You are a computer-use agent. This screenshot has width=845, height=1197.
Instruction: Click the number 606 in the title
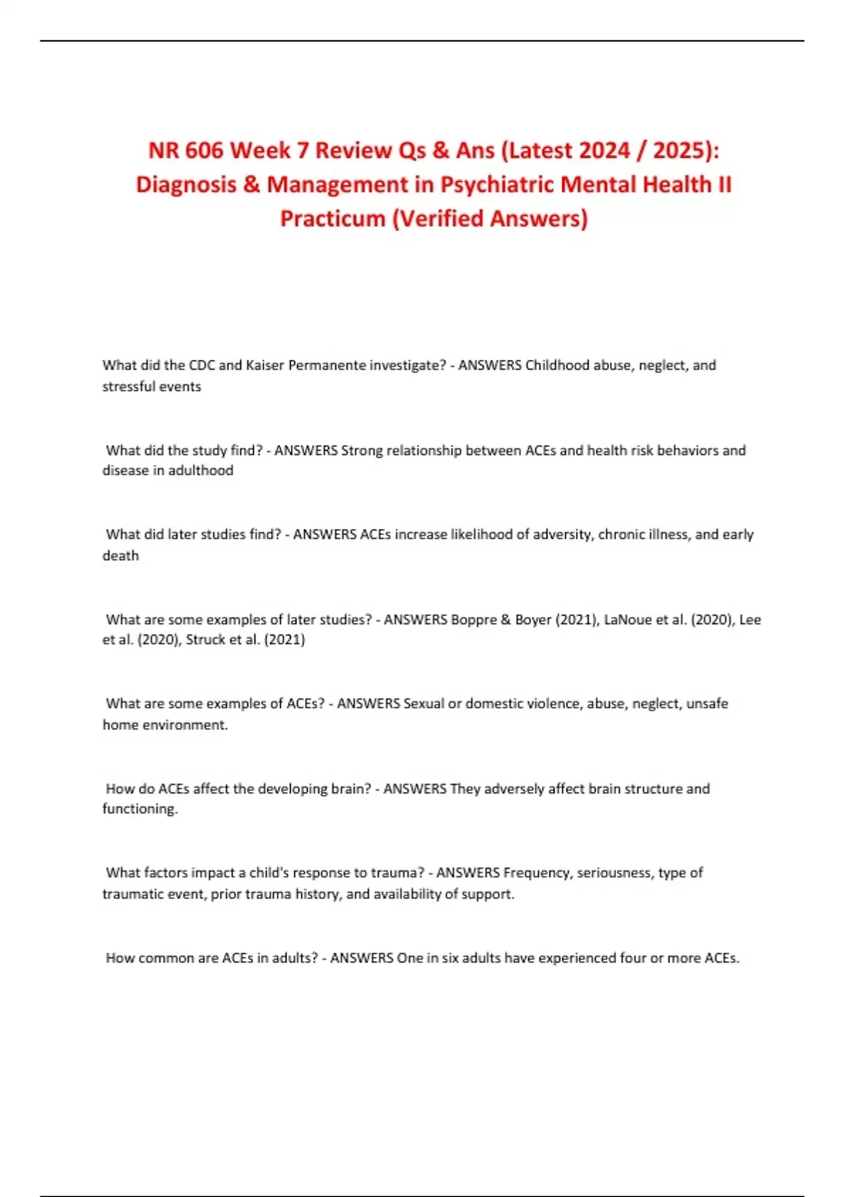point(205,150)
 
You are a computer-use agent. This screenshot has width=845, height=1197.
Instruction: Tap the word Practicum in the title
point(332,218)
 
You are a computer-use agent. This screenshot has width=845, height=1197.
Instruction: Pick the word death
point(120,556)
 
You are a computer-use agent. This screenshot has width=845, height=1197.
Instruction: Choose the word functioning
point(139,809)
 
